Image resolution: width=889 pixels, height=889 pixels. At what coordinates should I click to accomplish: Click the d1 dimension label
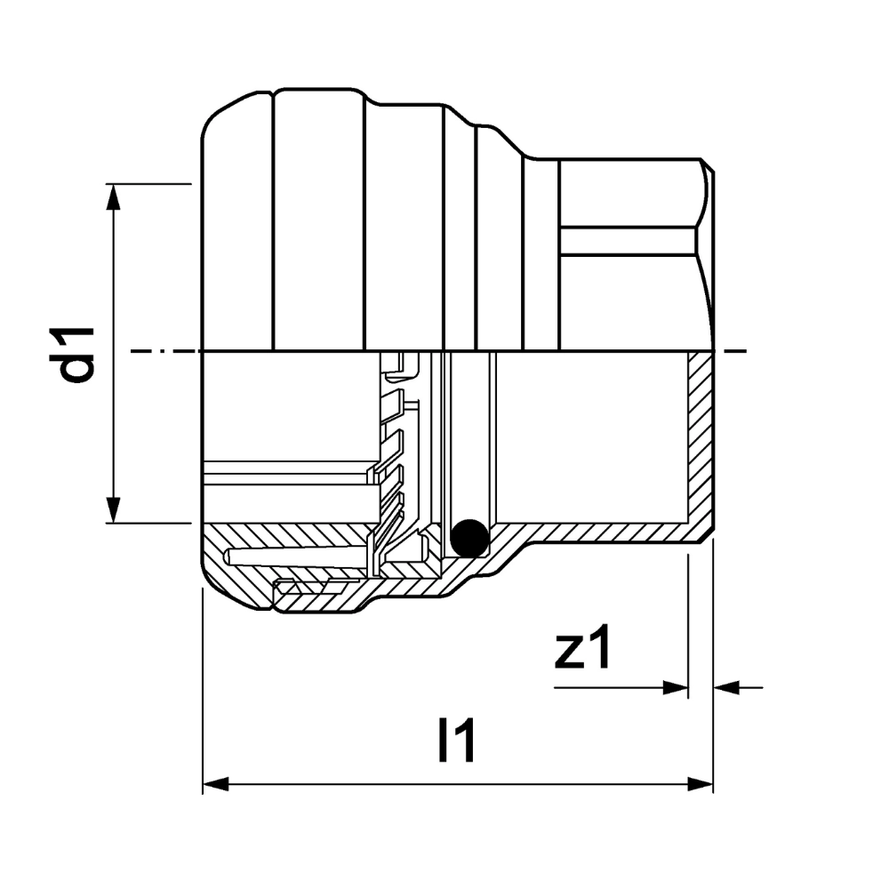click(x=78, y=354)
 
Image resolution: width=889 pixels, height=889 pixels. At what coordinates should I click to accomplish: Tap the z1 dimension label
click(x=582, y=652)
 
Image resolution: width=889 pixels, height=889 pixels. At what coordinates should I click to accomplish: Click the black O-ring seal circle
click(x=469, y=536)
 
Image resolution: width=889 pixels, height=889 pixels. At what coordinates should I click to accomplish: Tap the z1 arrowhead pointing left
click(x=725, y=687)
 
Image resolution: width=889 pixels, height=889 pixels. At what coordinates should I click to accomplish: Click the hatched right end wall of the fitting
click(x=701, y=444)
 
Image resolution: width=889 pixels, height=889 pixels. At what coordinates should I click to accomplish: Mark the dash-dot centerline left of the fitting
click(x=164, y=352)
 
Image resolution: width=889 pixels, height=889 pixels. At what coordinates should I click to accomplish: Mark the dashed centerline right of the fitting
click(x=731, y=352)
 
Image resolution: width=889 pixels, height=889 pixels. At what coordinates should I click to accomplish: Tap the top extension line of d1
click(x=151, y=184)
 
